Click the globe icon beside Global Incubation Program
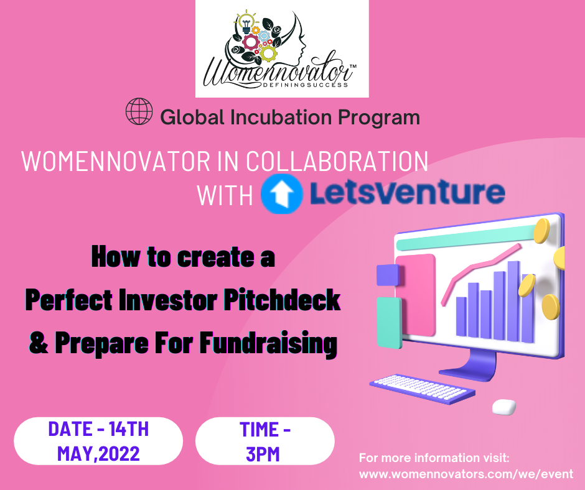click(x=139, y=111)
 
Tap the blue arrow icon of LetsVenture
click(x=281, y=193)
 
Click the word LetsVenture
click(x=408, y=192)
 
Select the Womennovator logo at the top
click(x=282, y=49)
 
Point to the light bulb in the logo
click(x=246, y=23)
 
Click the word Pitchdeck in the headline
click(x=282, y=300)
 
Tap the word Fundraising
click(x=268, y=343)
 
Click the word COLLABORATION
click(x=337, y=162)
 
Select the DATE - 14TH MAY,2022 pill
click(x=98, y=441)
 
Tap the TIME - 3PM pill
click(x=265, y=441)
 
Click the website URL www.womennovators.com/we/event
click(x=466, y=474)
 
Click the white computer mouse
click(x=504, y=407)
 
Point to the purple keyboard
click(x=423, y=389)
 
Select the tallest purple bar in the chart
click(x=513, y=302)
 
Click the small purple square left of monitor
click(x=388, y=275)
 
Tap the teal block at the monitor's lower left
click(x=390, y=323)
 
